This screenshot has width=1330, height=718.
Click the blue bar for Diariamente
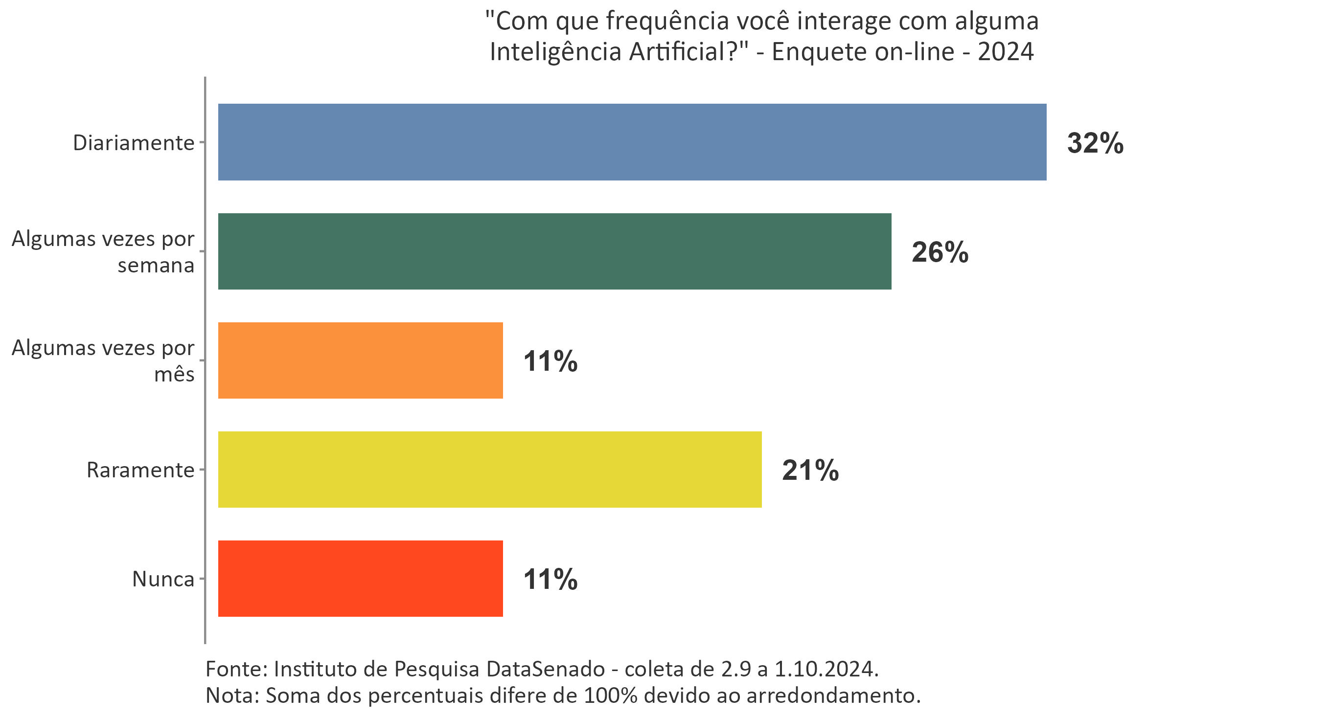(x=631, y=142)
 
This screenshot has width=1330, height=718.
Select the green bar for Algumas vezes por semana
(x=554, y=251)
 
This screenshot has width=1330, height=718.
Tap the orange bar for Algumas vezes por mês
(x=360, y=360)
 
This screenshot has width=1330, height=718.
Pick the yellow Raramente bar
(x=489, y=470)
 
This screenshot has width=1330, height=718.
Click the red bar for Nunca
(x=360, y=579)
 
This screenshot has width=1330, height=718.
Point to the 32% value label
(x=1095, y=143)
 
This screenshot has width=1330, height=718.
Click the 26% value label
(x=940, y=252)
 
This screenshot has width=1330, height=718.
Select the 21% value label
(x=810, y=470)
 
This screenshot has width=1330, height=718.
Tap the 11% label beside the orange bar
(x=550, y=361)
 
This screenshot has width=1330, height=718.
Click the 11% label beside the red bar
(x=550, y=579)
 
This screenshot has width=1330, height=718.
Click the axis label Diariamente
(x=133, y=143)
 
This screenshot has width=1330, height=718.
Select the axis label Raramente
(x=140, y=470)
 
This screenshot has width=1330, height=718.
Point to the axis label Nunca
(x=162, y=579)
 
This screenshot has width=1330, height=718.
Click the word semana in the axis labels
(x=156, y=265)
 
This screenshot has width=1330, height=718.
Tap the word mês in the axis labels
(x=174, y=374)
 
